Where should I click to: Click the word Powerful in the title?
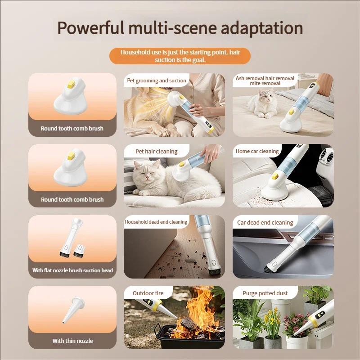(x=90, y=28)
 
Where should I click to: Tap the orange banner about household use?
(x=180, y=56)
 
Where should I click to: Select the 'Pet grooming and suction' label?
(x=157, y=81)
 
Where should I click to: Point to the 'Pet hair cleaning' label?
(x=156, y=152)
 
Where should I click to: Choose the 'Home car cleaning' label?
(x=257, y=151)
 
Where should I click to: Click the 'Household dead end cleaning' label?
(x=156, y=222)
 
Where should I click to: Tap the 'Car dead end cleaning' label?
(x=265, y=222)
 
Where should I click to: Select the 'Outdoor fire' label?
(x=148, y=293)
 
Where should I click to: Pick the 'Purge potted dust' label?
(x=265, y=293)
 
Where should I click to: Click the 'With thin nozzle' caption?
(x=72, y=341)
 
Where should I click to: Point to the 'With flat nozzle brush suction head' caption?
(x=72, y=270)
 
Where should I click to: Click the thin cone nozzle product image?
(x=72, y=310)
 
